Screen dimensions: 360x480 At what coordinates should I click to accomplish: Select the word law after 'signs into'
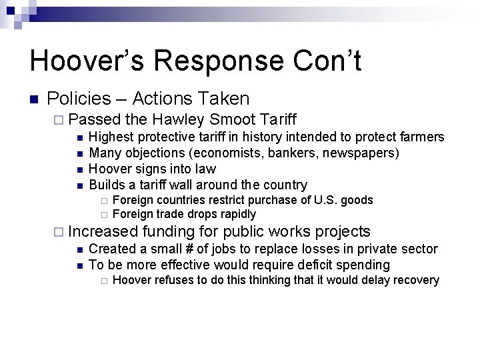coord(205,169)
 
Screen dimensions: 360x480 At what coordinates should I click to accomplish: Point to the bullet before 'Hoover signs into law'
coord(79,169)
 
